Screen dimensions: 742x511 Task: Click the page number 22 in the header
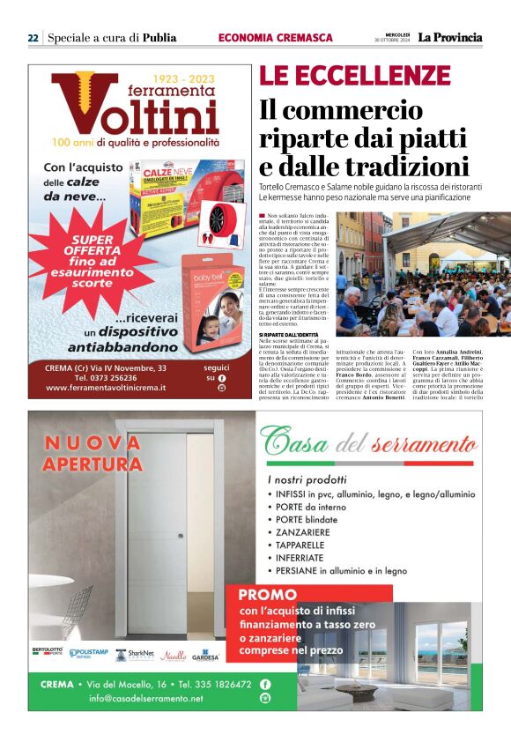point(33,38)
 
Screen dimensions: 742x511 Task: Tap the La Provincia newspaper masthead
point(450,37)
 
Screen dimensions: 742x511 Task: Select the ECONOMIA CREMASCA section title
point(275,38)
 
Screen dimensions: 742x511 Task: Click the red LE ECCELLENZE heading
point(355,76)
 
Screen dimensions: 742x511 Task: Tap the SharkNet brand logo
point(136,654)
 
